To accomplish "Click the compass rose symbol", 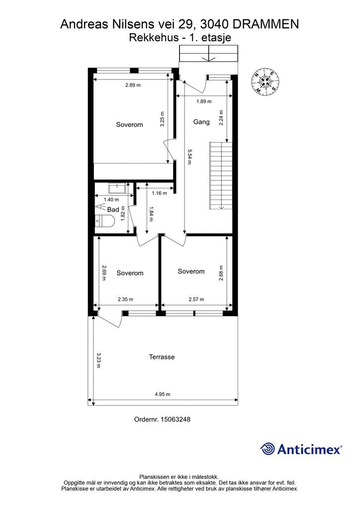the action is (265, 83).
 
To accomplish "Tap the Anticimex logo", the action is (301, 449).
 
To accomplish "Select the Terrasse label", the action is (162, 357).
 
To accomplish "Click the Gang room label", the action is (201, 122).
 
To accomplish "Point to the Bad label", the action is (113, 210).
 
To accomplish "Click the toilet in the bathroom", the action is (105, 221).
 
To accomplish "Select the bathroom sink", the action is (117, 188).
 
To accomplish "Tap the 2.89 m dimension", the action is (133, 85).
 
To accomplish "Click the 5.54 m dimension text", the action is (189, 157).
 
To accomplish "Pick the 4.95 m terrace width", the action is (162, 394).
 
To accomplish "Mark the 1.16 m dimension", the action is (160, 193).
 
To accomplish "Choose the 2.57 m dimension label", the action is (196, 299).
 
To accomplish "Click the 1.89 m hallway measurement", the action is (204, 101).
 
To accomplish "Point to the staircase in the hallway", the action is (221, 175).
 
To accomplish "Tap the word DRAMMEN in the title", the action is (266, 24).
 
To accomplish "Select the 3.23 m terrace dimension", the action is (98, 360).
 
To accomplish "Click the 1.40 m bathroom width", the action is (111, 200).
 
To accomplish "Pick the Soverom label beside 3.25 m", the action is (129, 125).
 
